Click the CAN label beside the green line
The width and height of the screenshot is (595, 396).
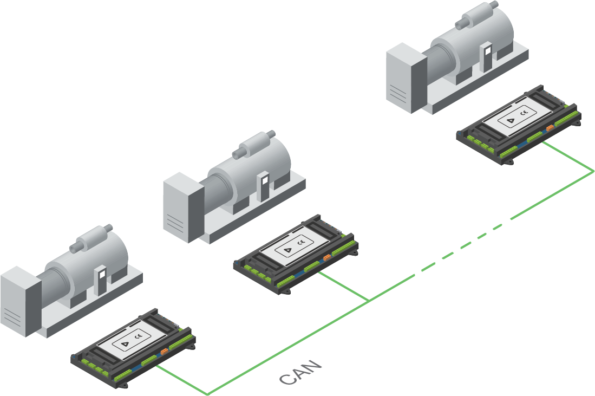(301, 373)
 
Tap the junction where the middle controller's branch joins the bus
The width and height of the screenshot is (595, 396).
(369, 300)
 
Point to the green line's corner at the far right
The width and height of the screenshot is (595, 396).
(593, 172)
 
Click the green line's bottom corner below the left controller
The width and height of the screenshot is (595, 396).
(207, 393)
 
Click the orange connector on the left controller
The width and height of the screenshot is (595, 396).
(164, 353)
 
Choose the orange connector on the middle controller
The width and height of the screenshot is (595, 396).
(327, 258)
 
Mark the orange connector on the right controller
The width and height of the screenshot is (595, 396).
(550, 128)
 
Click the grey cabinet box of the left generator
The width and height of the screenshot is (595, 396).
(21, 300)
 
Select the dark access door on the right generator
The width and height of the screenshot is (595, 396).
(488, 57)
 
